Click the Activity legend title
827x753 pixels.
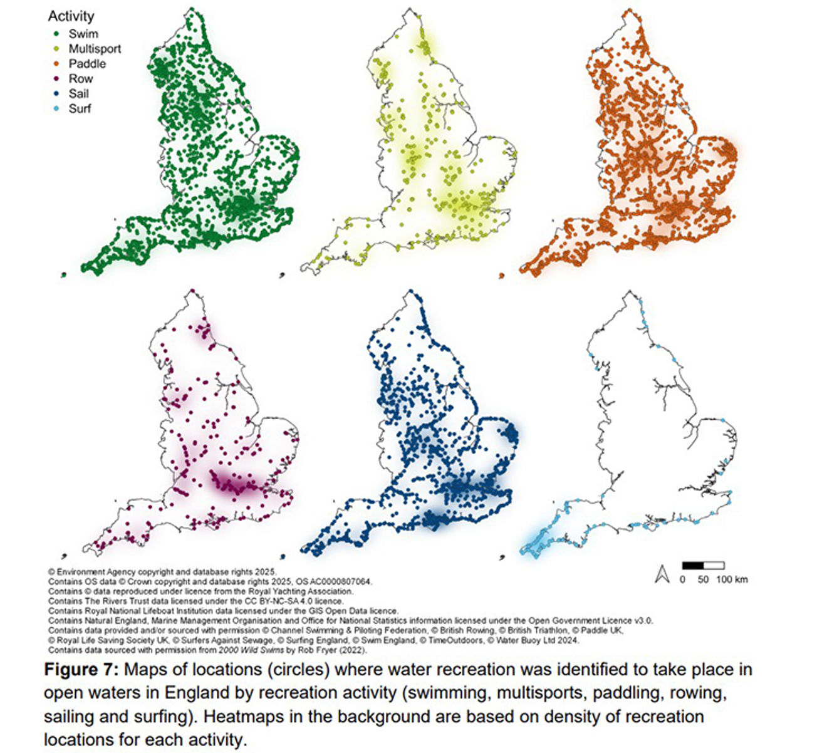pos(71,16)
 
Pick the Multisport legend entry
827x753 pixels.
pos(94,49)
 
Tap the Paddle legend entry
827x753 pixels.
pos(87,64)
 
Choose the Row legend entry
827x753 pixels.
pos(80,79)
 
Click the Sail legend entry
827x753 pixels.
pos(78,94)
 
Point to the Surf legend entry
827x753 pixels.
pos(80,109)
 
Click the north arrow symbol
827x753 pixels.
pos(662,574)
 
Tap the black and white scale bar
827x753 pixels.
pos(703,566)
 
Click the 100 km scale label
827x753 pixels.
pos(732,579)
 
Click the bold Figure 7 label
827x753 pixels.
pos(81,670)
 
